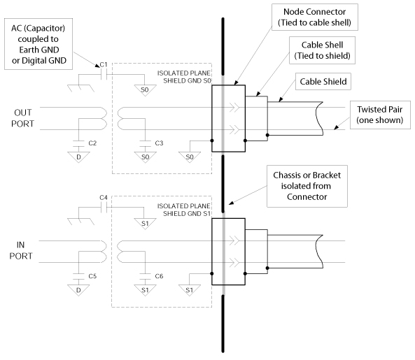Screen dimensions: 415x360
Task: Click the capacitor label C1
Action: click(104, 65)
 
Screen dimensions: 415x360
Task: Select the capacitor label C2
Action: click(92, 143)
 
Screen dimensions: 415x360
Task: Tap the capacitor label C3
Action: click(159, 143)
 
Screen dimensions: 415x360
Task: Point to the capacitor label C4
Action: click(104, 198)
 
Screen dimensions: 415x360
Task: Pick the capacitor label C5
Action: click(92, 276)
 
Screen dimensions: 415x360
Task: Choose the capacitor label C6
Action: click(159, 276)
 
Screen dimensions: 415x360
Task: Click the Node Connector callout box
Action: click(315, 17)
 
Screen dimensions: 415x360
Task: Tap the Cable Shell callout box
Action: click(322, 50)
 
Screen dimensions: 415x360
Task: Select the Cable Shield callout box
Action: click(323, 81)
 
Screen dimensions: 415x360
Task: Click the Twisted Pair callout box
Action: click(380, 115)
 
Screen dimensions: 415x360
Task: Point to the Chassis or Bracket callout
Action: click(307, 186)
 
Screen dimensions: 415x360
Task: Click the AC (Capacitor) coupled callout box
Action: click(38, 44)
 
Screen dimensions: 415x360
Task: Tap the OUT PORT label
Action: click(23, 118)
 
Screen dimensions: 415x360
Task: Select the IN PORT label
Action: click(21, 250)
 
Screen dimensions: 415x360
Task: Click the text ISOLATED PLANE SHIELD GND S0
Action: click(184, 77)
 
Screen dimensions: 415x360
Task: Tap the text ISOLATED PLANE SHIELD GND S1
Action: click(184, 210)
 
